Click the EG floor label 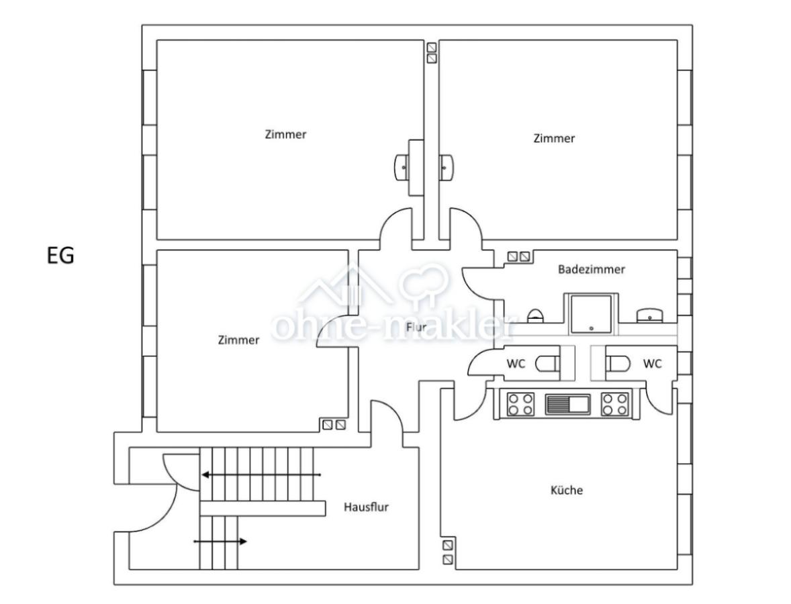tap(60, 256)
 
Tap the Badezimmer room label tap(591, 269)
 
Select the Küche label tap(567, 490)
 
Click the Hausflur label tap(366, 507)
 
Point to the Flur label tap(416, 327)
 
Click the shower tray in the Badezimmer tap(591, 314)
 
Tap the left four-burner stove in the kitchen tap(520, 404)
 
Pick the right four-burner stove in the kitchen tap(615, 404)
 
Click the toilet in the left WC tap(547, 363)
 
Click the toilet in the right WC tap(618, 363)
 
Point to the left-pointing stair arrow tap(261, 475)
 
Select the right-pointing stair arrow tap(220, 542)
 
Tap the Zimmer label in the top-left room tap(285, 135)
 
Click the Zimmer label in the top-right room tap(554, 138)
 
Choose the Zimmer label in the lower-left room tap(238, 340)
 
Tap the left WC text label tap(516, 364)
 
